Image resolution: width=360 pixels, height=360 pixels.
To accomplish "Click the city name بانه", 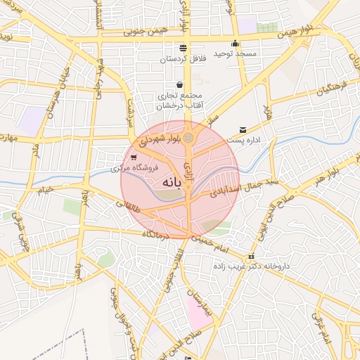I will coord(172,182).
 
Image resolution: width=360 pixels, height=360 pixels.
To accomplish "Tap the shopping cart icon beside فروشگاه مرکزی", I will coord(134,157).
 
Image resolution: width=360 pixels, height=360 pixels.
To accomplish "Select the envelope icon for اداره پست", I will coord(243,130).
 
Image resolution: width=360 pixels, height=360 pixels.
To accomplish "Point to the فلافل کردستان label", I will coord(183,59).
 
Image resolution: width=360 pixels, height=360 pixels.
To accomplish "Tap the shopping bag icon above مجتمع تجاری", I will coord(181,84).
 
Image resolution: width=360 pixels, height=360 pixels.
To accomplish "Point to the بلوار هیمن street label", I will coord(295,33).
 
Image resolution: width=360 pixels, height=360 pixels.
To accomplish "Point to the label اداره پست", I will coord(264,140).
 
